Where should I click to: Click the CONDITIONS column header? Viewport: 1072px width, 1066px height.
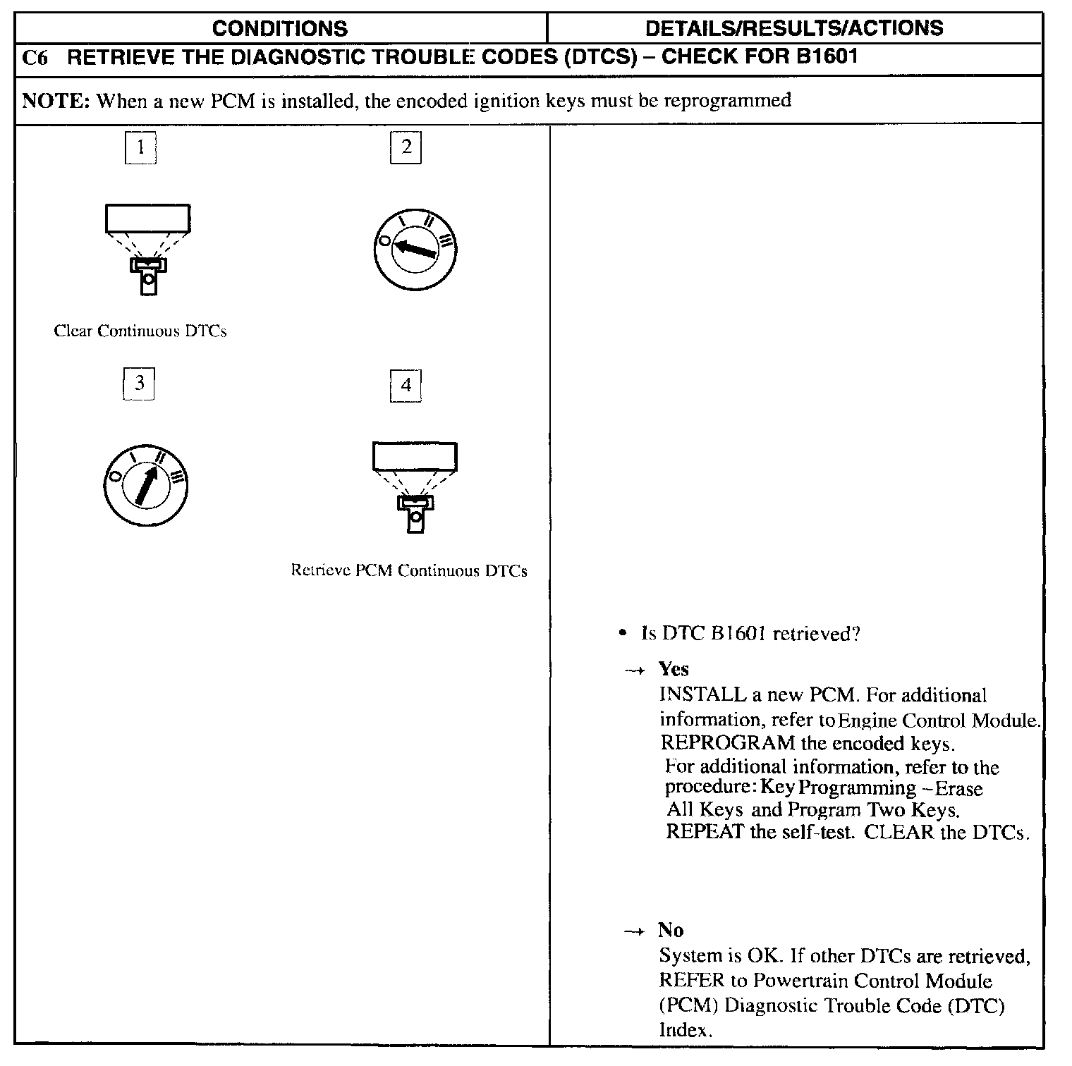pyautogui.click(x=280, y=28)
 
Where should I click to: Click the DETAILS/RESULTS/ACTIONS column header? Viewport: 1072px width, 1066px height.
pyautogui.click(x=794, y=28)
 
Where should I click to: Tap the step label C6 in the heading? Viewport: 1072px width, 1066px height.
pyautogui.click(x=35, y=58)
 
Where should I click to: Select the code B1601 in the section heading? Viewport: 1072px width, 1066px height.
pyautogui.click(x=826, y=56)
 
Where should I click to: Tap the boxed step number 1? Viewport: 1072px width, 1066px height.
pyautogui.click(x=140, y=148)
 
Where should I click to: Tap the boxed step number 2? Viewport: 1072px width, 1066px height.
pyautogui.click(x=406, y=147)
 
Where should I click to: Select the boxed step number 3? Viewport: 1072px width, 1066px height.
pyautogui.click(x=140, y=384)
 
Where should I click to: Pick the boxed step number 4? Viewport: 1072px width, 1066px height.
pyautogui.click(x=406, y=386)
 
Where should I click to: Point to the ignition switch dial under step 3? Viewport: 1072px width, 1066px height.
pyautogui.click(x=147, y=486)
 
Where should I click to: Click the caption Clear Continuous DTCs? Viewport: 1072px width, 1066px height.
pyautogui.click(x=140, y=331)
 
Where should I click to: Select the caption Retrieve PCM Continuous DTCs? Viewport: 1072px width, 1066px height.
pyautogui.click(x=409, y=571)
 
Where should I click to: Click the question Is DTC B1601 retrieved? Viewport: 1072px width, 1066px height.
pyautogui.click(x=750, y=634)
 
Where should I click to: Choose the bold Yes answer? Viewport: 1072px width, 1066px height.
pyautogui.click(x=674, y=668)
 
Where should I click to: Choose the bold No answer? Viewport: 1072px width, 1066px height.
pyautogui.click(x=671, y=931)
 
